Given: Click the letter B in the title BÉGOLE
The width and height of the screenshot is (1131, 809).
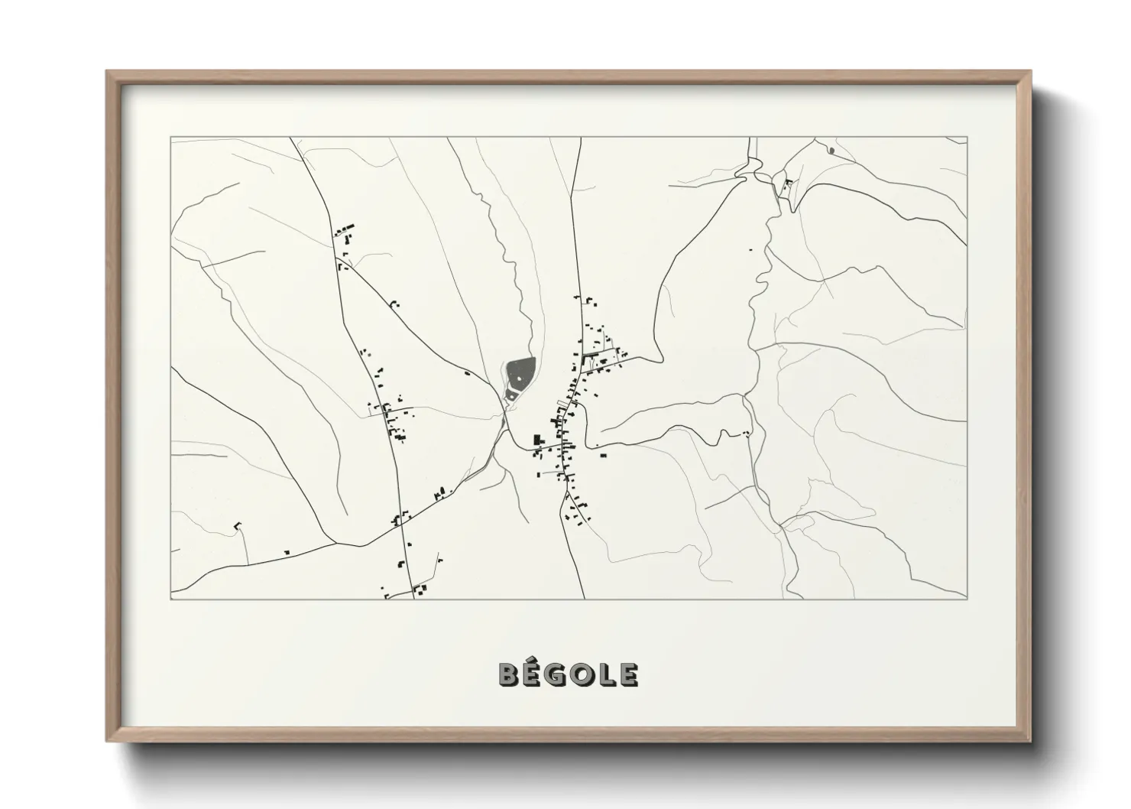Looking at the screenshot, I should [x=509, y=674].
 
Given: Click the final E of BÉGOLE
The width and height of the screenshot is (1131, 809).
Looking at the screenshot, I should [x=629, y=674].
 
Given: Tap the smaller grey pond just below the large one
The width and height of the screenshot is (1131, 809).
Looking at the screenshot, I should [x=510, y=395].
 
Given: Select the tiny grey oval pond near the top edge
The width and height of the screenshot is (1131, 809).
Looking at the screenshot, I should [x=831, y=150].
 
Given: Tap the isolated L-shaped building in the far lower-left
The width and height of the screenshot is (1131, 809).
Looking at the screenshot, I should [x=237, y=525].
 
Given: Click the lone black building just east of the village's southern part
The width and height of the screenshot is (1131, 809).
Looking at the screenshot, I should [x=603, y=455].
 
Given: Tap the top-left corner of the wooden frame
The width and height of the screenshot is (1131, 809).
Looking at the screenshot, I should [x=108, y=72].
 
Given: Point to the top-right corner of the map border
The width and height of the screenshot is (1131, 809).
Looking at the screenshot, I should [x=967, y=138].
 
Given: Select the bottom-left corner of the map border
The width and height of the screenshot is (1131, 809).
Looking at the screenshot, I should [x=171, y=599].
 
